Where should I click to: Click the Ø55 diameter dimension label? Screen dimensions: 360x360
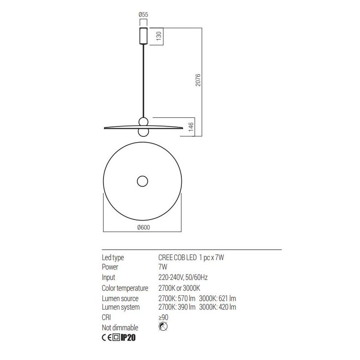click(x=143, y=15)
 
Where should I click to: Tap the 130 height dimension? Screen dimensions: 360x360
click(x=158, y=36)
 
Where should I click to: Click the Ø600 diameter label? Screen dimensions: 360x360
click(x=143, y=227)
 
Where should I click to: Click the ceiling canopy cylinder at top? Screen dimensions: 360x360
click(x=143, y=36)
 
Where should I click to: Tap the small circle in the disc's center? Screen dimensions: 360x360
click(x=143, y=181)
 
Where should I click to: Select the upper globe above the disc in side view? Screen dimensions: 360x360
click(x=143, y=121)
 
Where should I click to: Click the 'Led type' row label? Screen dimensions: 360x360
click(x=113, y=258)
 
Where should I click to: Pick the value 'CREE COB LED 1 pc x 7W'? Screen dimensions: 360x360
click(x=192, y=258)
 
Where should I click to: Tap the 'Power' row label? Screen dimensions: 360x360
click(x=111, y=267)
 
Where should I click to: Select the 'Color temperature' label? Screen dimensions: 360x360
click(x=125, y=288)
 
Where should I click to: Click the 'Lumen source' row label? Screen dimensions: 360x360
click(x=120, y=299)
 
